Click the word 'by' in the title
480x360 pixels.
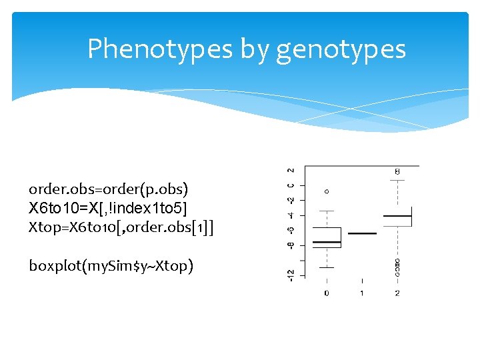coord(256,49)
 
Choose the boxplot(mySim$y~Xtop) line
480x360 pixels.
coord(111,266)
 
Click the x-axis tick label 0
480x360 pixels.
coord(326,293)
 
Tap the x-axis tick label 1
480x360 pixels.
coord(362,293)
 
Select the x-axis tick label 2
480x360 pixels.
coord(397,293)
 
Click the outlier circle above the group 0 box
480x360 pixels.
coord(327,191)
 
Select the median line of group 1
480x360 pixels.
coord(362,233)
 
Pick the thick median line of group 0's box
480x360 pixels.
coord(327,241)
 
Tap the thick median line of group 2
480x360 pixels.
coord(397,216)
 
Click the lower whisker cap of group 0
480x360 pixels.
coord(327,267)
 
